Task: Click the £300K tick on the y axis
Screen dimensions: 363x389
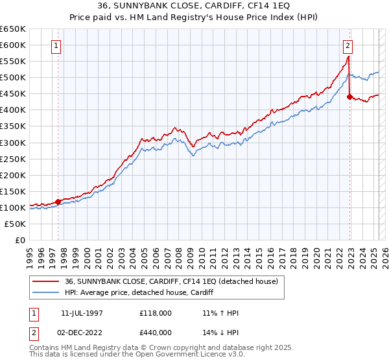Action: pyautogui.click(x=13, y=143)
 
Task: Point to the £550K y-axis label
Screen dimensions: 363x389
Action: pyautogui.click(x=13, y=62)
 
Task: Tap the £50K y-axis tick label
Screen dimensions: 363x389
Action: pyautogui.click(x=16, y=224)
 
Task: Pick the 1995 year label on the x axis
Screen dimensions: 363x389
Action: pyautogui.click(x=30, y=253)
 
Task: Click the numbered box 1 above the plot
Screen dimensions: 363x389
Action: pyautogui.click(x=57, y=46)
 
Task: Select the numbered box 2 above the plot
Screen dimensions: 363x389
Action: pyautogui.click(x=348, y=46)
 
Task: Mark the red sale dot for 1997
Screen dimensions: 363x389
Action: pyautogui.click(x=58, y=202)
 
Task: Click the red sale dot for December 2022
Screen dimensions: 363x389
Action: pyautogui.click(x=349, y=97)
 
